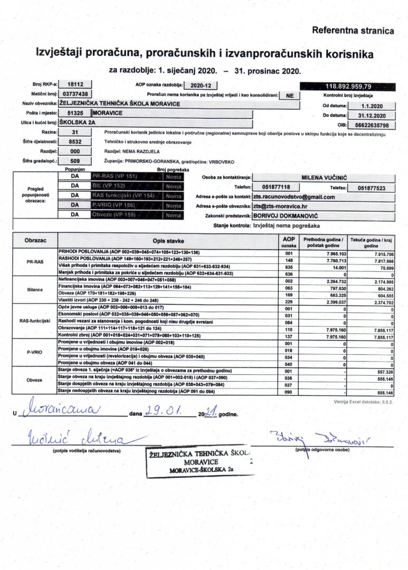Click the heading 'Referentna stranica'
pos(353,31)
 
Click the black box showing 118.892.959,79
pos(348,85)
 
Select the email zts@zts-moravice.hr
pos(284,206)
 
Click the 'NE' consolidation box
pos(289,96)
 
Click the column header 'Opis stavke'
pos(169,241)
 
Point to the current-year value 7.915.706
pos(380,254)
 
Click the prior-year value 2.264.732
pos(333,281)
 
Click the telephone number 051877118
pos(276,187)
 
